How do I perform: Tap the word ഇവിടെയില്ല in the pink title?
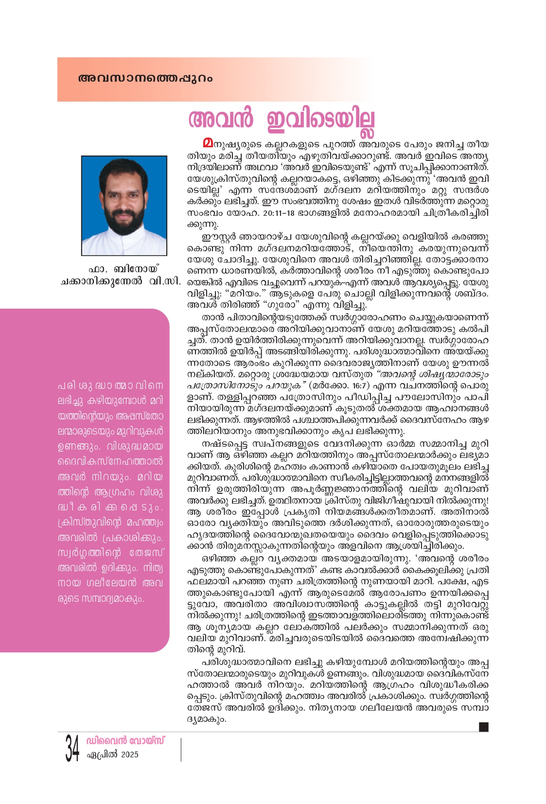point(321,121)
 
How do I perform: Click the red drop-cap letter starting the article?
point(208,143)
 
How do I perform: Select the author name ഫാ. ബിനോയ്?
point(124,269)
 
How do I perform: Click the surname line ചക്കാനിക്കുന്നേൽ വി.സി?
point(121,281)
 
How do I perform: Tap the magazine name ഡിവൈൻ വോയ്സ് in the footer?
point(125,741)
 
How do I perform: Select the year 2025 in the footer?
point(130,754)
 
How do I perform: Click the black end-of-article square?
point(483,727)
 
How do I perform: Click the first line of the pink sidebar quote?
point(110,385)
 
